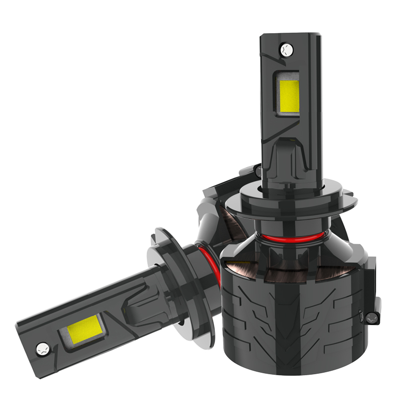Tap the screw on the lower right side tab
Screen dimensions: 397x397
click(x=372, y=316)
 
